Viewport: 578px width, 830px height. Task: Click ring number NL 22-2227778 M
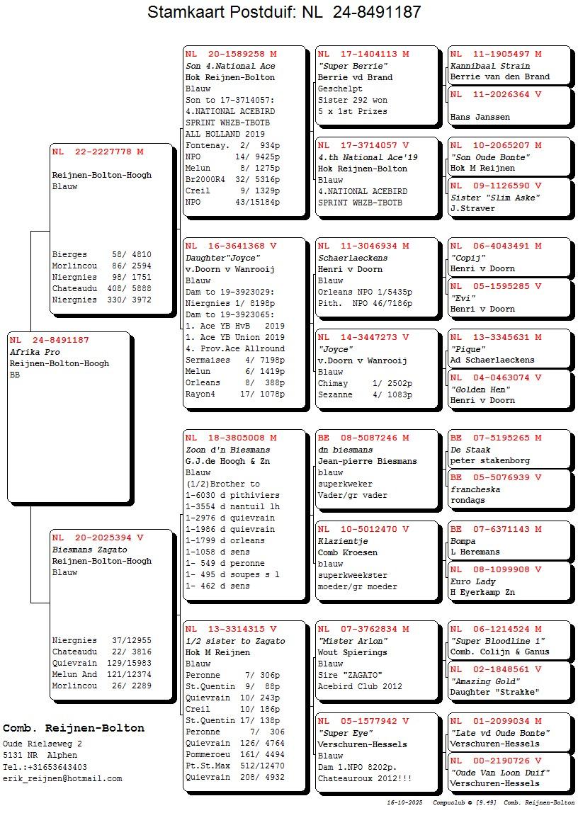[98, 152]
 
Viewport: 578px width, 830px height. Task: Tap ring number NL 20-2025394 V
[98, 538]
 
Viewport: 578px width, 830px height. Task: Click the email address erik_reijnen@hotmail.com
[62, 778]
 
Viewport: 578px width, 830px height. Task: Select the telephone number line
[45, 767]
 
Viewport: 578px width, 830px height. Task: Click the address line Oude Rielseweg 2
[42, 744]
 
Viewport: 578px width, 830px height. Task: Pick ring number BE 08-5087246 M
[363, 438]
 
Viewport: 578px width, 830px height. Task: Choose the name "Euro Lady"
[473, 581]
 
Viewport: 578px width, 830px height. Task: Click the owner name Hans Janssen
[480, 117]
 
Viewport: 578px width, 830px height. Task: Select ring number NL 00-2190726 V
[496, 761]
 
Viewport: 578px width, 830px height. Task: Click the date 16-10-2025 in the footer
[404, 803]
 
